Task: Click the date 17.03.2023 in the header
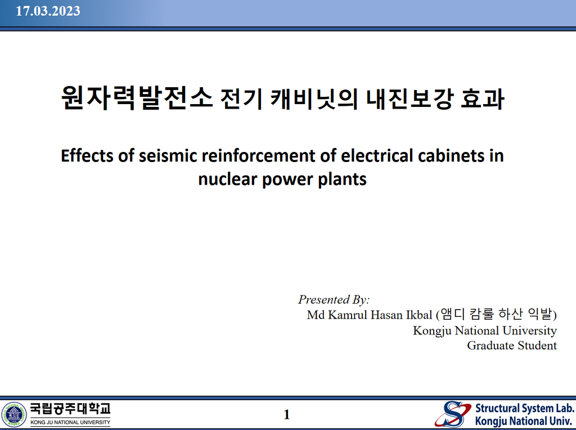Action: coord(48,11)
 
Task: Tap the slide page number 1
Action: coord(287,415)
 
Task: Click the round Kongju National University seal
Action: coord(14,415)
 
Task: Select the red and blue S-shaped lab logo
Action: coord(453,414)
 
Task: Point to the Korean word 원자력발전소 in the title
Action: coord(137,98)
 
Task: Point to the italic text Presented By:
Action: coord(334,299)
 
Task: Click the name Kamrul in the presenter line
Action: coord(347,315)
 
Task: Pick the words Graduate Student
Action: coord(512,346)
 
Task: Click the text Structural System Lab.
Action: coord(525,408)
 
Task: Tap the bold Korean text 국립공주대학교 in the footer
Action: coord(70,409)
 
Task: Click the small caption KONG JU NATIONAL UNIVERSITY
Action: coord(70,422)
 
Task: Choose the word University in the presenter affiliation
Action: coord(529,331)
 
